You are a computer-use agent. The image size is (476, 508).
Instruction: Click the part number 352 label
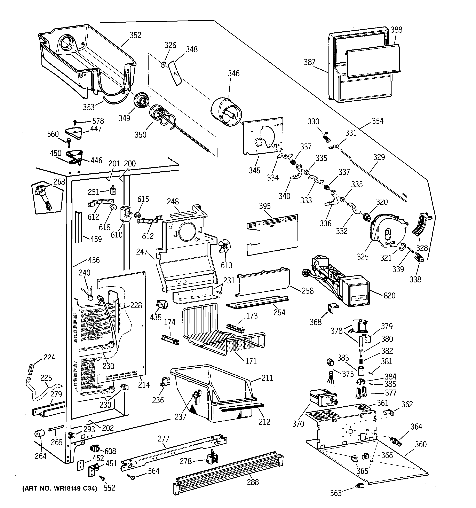pyautogui.click(x=135, y=35)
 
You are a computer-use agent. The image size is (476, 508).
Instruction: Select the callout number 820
pyautogui.click(x=389, y=296)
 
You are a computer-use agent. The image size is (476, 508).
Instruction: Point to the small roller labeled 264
pyautogui.click(x=39, y=434)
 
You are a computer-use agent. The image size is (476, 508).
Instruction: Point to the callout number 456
pyautogui.click(x=94, y=260)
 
